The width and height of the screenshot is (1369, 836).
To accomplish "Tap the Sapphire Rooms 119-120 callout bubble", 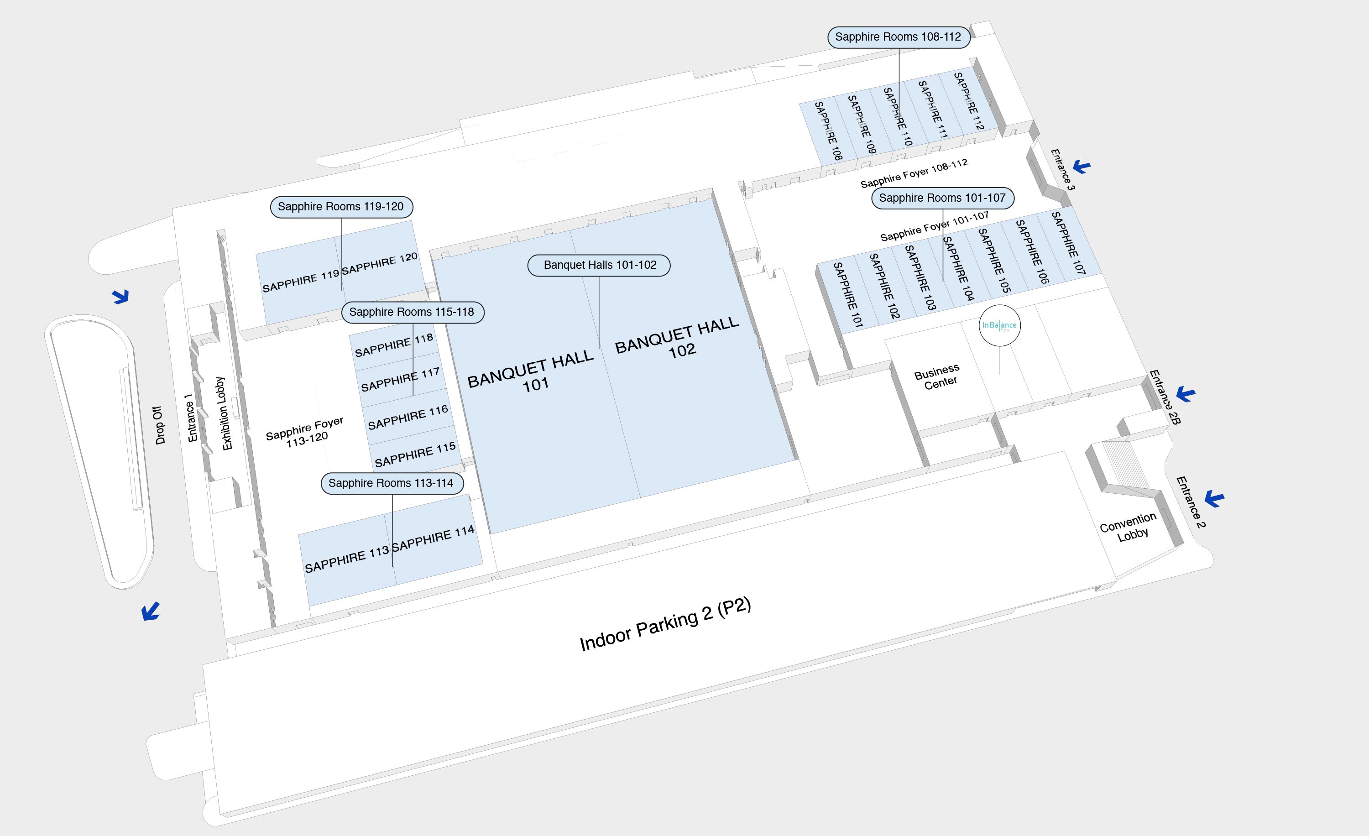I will tap(340, 207).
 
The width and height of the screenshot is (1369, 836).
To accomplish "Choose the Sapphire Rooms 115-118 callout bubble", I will tap(412, 312).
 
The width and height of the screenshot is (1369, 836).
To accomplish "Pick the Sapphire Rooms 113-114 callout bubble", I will tap(391, 483).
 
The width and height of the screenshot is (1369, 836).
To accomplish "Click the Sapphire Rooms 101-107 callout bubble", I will tap(942, 198).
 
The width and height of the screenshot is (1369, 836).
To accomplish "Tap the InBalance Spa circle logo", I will tap(999, 325).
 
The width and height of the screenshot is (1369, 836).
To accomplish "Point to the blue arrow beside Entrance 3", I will tap(1081, 166).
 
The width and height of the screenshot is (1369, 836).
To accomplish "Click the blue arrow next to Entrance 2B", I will tap(1185, 394).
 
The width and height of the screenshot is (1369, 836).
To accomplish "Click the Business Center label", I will tap(938, 376).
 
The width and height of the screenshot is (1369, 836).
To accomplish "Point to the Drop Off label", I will tap(159, 425).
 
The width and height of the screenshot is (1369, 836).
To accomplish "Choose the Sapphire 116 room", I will tap(408, 417).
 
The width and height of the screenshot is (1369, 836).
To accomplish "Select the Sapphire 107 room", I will tap(1068, 243).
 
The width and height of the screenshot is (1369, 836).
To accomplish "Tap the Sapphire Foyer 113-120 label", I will tap(305, 432).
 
